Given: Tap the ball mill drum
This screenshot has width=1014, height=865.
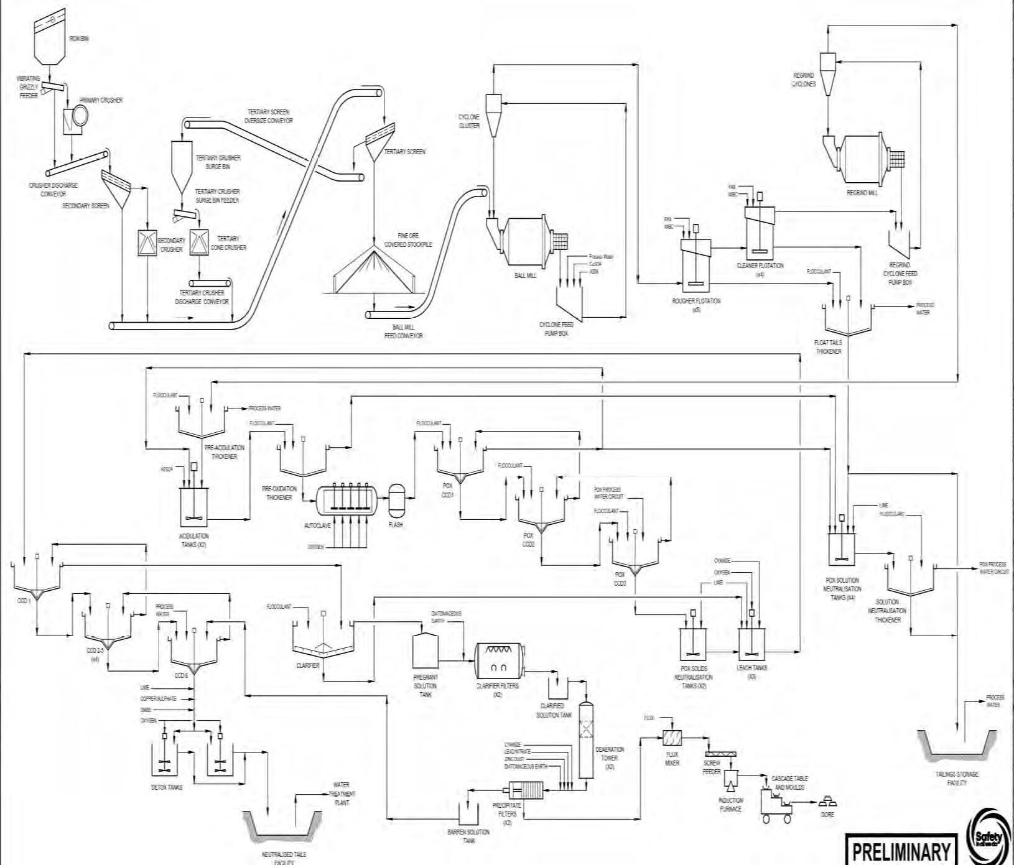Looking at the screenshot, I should tap(524, 241).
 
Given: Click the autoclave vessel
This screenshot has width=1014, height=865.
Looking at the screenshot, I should tap(347, 499).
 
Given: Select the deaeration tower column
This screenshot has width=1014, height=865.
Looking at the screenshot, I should tap(586, 740).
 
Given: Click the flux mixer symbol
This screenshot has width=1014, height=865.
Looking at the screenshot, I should tap(672, 738).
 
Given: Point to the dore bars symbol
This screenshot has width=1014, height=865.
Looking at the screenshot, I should tap(827, 800).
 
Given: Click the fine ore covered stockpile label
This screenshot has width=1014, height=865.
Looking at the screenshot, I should tap(407, 240).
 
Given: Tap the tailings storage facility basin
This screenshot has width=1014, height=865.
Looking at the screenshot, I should tap(957, 746).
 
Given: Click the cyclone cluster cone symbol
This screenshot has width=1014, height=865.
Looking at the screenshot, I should tap(493, 116).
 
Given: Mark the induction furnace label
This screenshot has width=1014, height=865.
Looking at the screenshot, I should tap(730, 805).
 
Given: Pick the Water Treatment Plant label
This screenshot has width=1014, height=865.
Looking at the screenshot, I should tap(342, 793).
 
